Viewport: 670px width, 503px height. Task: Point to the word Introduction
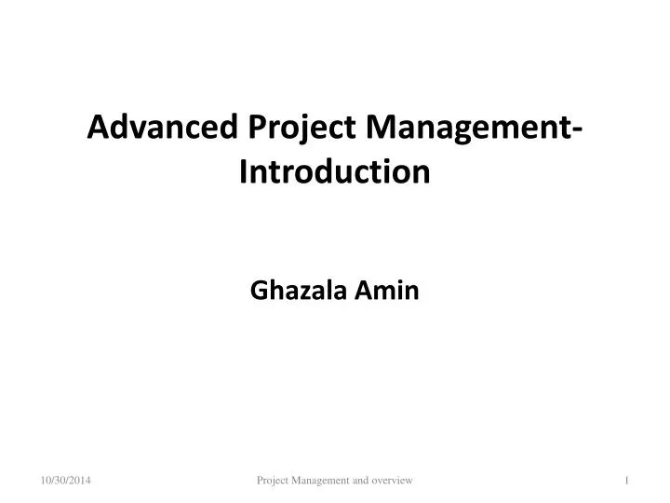335,171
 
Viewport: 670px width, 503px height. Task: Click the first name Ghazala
300,292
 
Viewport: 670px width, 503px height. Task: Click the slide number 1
628,480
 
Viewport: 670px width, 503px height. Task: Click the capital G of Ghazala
259,292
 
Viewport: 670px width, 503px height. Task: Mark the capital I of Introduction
244,171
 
